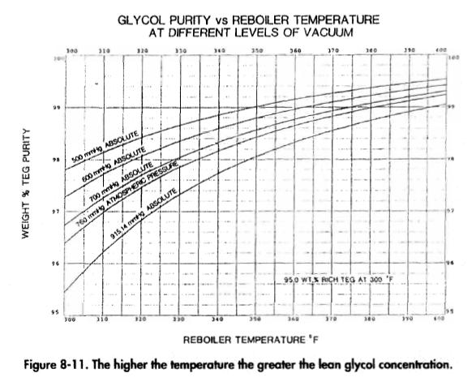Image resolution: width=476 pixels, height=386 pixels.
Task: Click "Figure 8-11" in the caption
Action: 54,362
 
